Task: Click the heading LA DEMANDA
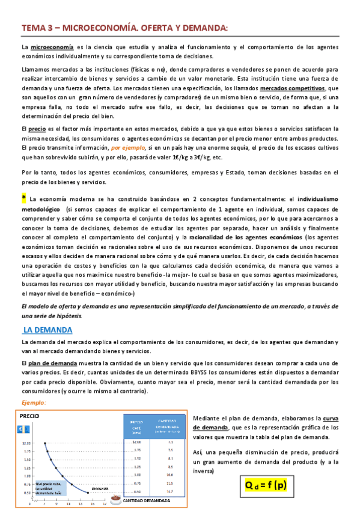(47, 330)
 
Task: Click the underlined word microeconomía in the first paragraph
(52, 47)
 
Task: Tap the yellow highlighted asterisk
(23, 198)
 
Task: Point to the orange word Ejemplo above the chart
(34, 402)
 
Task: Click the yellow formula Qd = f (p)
(265, 485)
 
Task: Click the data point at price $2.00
(44, 443)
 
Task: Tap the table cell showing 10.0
(170, 475)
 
